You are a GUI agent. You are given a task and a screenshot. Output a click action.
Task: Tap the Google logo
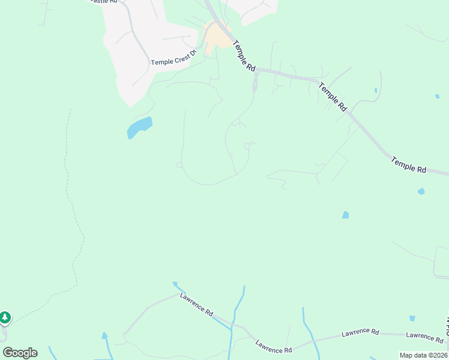coord(20,353)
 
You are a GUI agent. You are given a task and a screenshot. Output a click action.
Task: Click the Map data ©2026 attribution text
coord(423,355)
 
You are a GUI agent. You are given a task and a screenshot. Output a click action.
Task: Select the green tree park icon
coord(5,316)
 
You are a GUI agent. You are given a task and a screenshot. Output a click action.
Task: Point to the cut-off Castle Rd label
coord(101,2)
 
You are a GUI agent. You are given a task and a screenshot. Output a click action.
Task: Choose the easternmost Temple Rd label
coord(408,165)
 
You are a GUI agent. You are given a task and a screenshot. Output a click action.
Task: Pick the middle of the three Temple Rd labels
coord(333,97)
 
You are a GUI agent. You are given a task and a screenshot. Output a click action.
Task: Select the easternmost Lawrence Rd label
coord(424,337)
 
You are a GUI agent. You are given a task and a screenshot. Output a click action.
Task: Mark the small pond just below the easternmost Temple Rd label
coord(421,191)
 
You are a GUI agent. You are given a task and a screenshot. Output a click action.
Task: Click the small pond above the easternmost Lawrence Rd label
coord(412,319)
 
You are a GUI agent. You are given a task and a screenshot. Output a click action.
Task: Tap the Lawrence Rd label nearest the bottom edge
coord(273,347)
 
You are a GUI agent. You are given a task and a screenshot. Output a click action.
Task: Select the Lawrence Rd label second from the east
coord(360,332)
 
